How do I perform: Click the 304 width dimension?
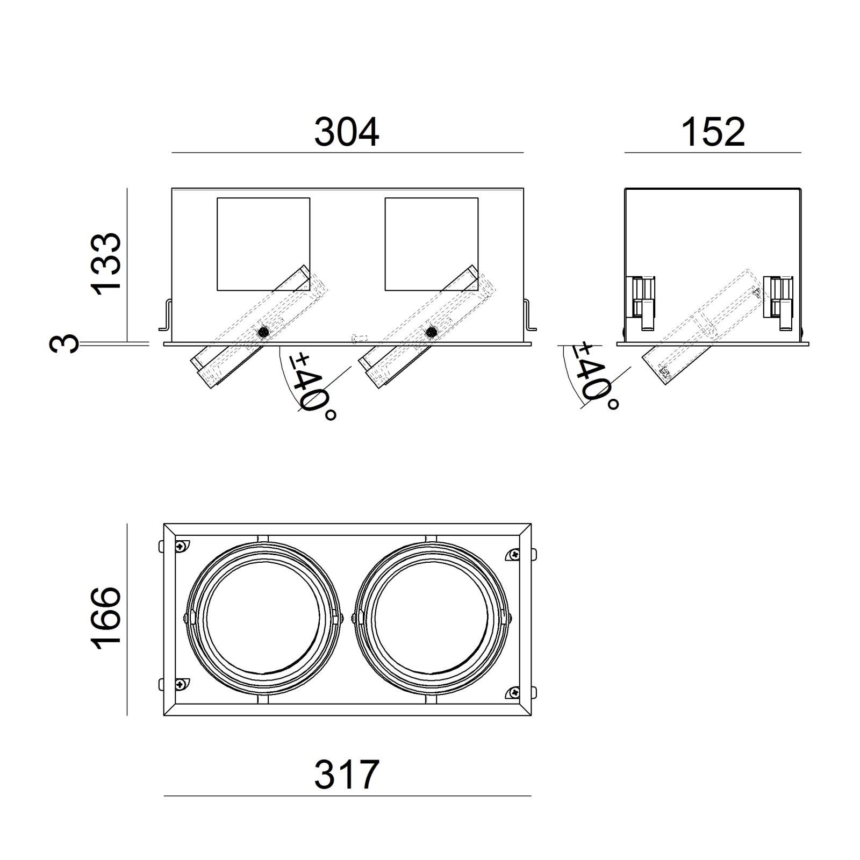[347, 132]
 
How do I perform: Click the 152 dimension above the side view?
[713, 132]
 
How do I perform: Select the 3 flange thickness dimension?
[63, 343]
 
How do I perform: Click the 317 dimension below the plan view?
[347, 775]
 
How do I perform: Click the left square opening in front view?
[263, 245]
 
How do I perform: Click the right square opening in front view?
[432, 245]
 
